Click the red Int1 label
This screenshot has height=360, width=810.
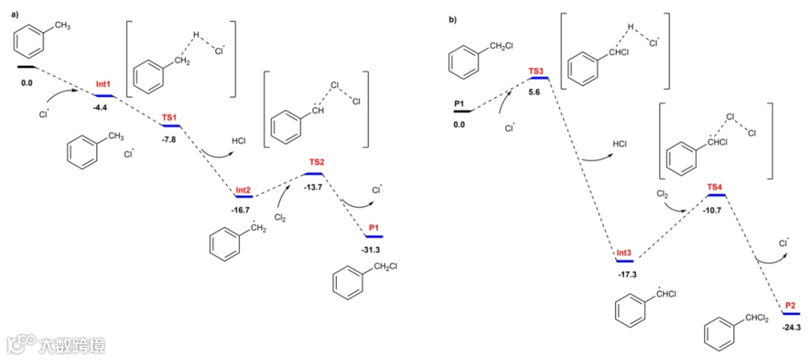103,86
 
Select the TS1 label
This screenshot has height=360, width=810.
170,118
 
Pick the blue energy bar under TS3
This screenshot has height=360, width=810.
538,79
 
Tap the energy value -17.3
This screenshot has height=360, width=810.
627,274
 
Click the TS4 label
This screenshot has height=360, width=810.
715,186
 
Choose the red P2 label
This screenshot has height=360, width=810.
790,306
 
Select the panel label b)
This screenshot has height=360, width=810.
453,19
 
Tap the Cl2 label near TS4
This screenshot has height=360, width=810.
662,193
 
